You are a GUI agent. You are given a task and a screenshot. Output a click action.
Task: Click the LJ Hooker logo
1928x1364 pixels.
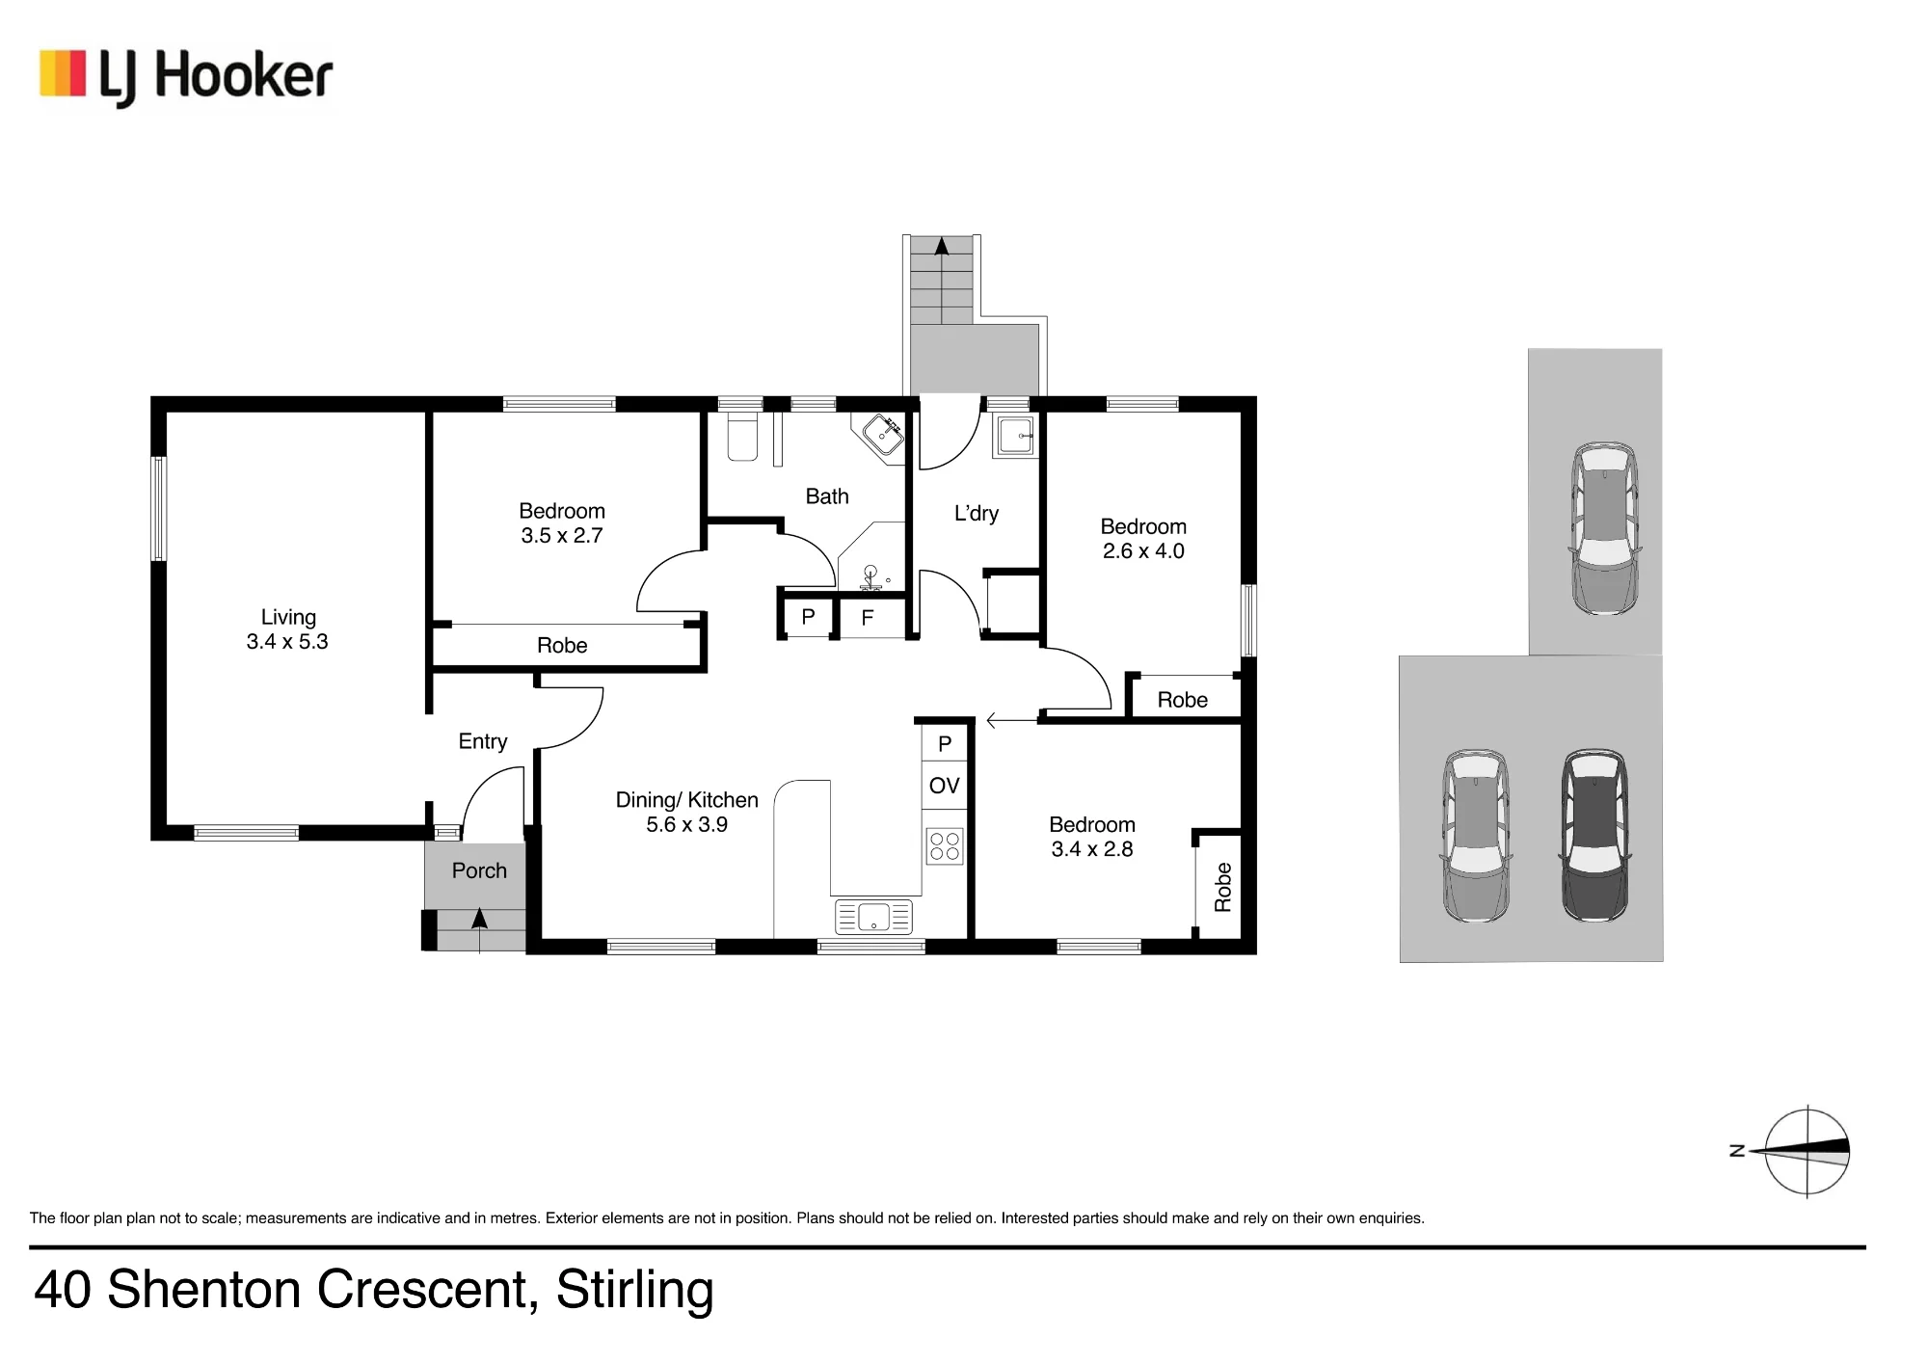(x=186, y=77)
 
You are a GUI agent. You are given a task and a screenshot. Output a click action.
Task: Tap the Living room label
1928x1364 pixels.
(x=288, y=617)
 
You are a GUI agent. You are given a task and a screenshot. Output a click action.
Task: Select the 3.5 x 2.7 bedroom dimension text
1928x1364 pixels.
(x=562, y=536)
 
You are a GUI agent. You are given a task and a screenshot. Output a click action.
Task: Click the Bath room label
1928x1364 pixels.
(x=827, y=496)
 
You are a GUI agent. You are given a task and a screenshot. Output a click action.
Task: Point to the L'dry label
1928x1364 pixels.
(x=977, y=513)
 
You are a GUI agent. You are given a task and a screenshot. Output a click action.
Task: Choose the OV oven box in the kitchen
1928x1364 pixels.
(x=945, y=786)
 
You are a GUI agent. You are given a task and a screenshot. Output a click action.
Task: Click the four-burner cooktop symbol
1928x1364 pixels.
(x=945, y=846)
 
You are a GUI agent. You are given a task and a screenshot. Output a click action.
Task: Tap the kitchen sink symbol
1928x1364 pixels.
(x=873, y=917)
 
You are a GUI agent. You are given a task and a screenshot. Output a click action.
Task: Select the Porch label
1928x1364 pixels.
(x=479, y=870)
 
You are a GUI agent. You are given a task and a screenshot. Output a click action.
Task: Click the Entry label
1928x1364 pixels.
(x=483, y=741)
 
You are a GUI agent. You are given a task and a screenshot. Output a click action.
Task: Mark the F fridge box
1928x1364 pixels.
(x=868, y=618)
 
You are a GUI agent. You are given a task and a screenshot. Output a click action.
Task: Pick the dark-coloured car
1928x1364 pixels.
(x=1595, y=835)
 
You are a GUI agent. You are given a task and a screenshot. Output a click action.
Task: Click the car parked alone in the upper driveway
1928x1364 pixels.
(x=1605, y=528)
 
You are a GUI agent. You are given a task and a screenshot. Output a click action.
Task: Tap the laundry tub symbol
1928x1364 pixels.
(x=1015, y=435)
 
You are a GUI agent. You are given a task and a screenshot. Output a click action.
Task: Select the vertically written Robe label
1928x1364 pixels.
(x=1223, y=887)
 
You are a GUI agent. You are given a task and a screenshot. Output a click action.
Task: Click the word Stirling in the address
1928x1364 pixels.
(x=635, y=1291)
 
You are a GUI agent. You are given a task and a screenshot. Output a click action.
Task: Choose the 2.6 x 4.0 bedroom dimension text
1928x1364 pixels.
(x=1143, y=551)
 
